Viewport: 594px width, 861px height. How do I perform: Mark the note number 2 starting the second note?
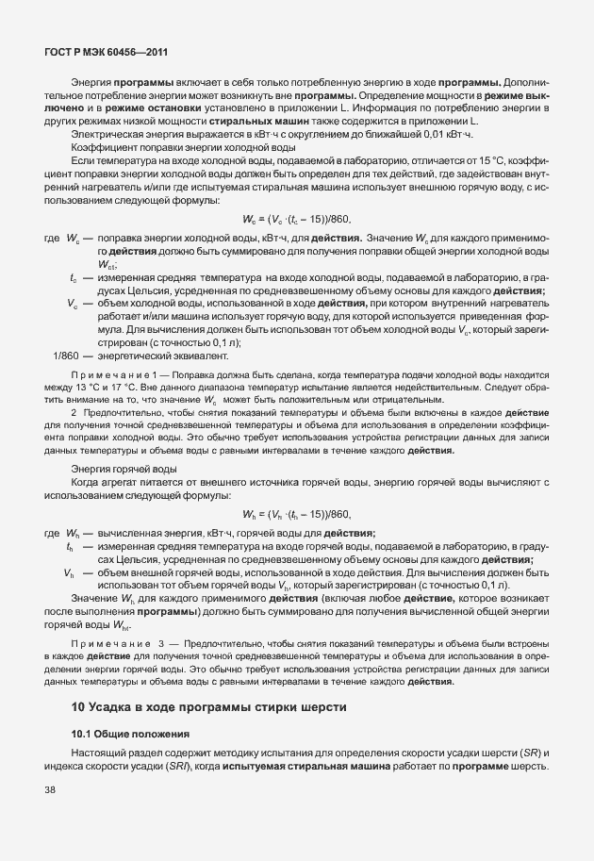tap(74, 414)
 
